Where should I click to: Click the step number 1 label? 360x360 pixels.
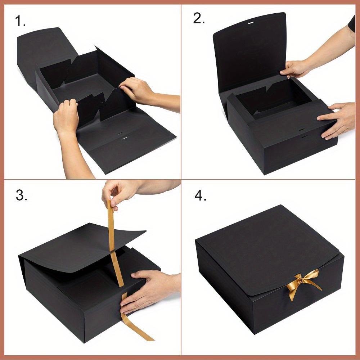20,22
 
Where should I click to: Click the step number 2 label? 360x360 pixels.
199,19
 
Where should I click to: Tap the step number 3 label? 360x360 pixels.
21,196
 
